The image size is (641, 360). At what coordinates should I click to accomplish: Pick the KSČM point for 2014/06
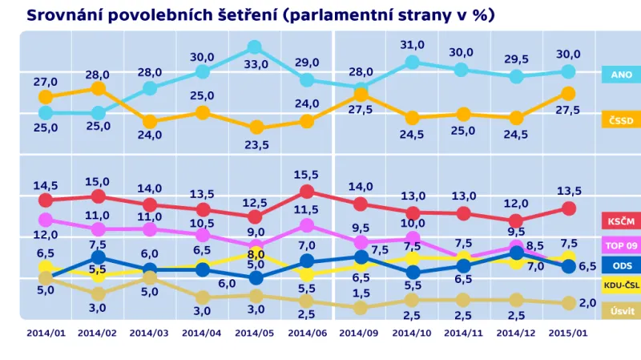point(308,192)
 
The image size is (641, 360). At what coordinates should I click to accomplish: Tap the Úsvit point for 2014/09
point(360,307)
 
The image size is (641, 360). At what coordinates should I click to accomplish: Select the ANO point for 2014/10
point(412,62)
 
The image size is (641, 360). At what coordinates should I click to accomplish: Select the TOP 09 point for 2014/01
point(45,219)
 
